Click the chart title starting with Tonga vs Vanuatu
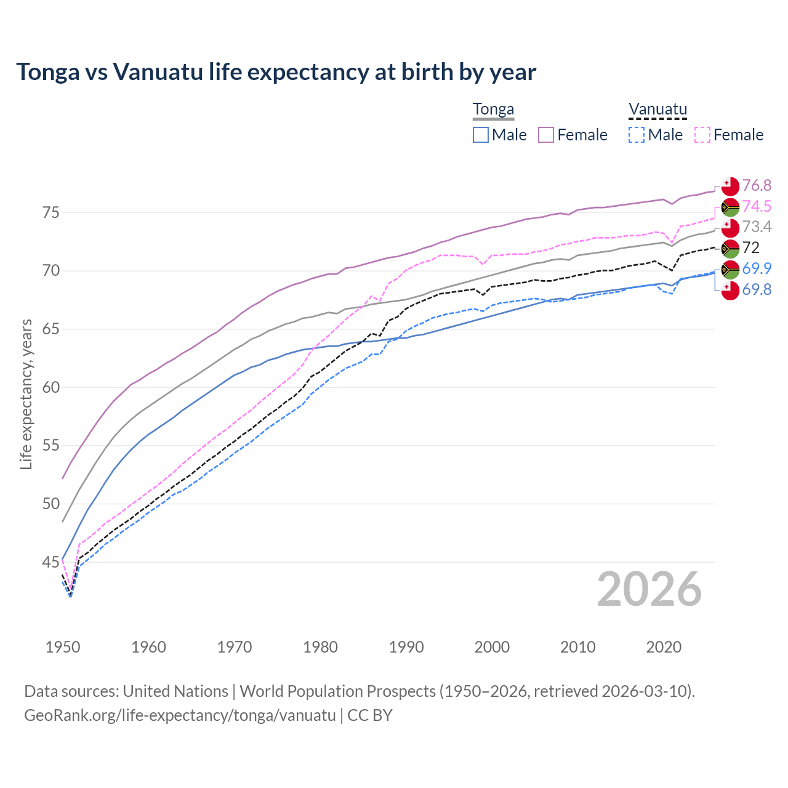click(x=276, y=72)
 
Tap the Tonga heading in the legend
click(x=493, y=110)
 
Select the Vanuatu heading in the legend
click(x=657, y=110)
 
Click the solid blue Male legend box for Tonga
click(x=481, y=135)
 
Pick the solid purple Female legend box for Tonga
click(x=547, y=135)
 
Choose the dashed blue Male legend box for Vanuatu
click(x=637, y=135)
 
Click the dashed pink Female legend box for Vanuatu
click(x=702, y=135)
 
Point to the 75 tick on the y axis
click(x=51, y=213)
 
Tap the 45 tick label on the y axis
click(x=51, y=562)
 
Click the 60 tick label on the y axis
click(x=51, y=388)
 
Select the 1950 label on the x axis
click(x=63, y=647)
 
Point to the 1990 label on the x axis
click(x=406, y=647)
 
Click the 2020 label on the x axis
click(x=664, y=647)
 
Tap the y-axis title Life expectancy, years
click(x=26, y=394)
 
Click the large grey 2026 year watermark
click(x=649, y=590)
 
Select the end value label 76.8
click(x=757, y=186)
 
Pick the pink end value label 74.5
click(x=757, y=206)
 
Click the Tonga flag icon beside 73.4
click(x=730, y=227)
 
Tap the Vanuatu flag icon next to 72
click(x=730, y=248)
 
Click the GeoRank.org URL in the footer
click(x=180, y=715)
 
